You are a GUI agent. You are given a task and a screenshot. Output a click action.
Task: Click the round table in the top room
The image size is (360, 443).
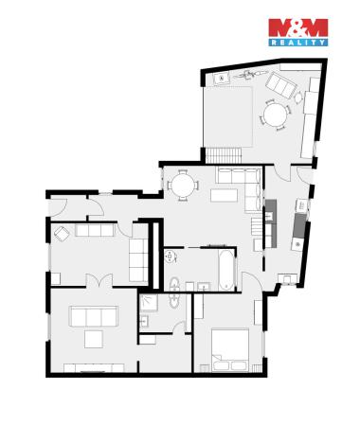276,115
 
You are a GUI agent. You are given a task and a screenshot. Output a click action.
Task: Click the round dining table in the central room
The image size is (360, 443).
182,185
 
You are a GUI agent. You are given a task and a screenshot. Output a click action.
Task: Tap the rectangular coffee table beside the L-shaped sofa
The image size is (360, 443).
225,195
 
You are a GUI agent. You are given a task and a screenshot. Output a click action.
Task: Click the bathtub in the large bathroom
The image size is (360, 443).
225,271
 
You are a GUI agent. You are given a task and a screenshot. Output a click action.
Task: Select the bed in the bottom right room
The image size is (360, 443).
230,348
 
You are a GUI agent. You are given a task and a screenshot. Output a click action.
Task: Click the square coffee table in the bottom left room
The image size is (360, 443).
95,339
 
